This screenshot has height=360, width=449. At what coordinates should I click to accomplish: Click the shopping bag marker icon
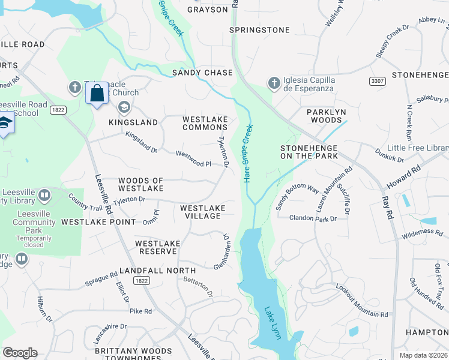click(x=97, y=94)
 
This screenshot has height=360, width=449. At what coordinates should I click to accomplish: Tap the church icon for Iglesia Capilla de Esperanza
click(x=274, y=83)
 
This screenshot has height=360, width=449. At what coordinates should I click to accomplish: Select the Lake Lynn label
click(x=273, y=323)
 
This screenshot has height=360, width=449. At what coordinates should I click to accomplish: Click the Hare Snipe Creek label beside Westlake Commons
click(x=247, y=154)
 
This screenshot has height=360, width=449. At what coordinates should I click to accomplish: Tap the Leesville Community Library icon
click(x=44, y=196)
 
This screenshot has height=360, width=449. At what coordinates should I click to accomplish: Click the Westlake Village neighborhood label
click(x=203, y=212)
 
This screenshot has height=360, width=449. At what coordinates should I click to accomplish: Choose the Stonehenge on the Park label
click(x=309, y=152)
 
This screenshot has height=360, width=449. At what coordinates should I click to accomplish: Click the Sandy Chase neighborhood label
click(x=202, y=73)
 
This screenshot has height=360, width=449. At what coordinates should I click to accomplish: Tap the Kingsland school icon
click(x=124, y=108)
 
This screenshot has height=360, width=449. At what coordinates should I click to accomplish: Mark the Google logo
click(x=20, y=353)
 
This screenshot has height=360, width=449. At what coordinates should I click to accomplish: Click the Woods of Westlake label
click(x=141, y=184)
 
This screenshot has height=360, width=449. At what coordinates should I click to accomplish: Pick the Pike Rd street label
click(x=140, y=311)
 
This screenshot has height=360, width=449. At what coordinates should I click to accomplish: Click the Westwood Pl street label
click(x=193, y=159)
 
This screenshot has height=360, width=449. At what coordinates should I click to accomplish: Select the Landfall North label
click(x=158, y=271)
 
